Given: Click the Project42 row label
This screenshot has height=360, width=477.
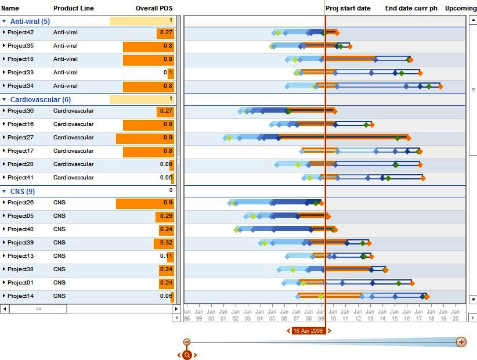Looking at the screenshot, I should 20,33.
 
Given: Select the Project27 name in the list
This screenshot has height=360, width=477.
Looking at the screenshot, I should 20,138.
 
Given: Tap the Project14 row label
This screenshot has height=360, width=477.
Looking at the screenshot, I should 20,296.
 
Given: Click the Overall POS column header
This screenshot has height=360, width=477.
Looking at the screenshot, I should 154,9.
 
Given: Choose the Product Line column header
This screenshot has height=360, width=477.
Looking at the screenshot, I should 73,9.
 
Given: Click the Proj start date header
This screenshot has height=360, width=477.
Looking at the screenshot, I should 348,9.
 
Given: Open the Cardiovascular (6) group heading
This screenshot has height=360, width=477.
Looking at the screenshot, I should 41,100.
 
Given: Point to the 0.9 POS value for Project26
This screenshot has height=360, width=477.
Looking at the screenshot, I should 168,203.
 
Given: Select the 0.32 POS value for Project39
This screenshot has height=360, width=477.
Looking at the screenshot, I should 166,243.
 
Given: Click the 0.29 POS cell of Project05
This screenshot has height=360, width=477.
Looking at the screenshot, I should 166,216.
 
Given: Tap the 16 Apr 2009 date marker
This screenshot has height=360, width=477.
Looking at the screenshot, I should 308,331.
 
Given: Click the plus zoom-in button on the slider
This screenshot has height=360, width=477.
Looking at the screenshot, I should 461,342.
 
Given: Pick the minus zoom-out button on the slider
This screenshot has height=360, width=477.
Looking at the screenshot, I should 187,343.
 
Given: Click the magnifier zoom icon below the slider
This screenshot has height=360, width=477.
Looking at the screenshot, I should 187,355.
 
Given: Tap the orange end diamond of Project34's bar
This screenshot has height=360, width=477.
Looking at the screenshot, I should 440,87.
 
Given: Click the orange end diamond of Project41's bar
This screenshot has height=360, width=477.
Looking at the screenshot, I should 423,178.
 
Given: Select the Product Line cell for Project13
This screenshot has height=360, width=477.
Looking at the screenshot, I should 60,256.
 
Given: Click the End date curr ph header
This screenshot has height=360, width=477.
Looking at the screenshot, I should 411,9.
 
